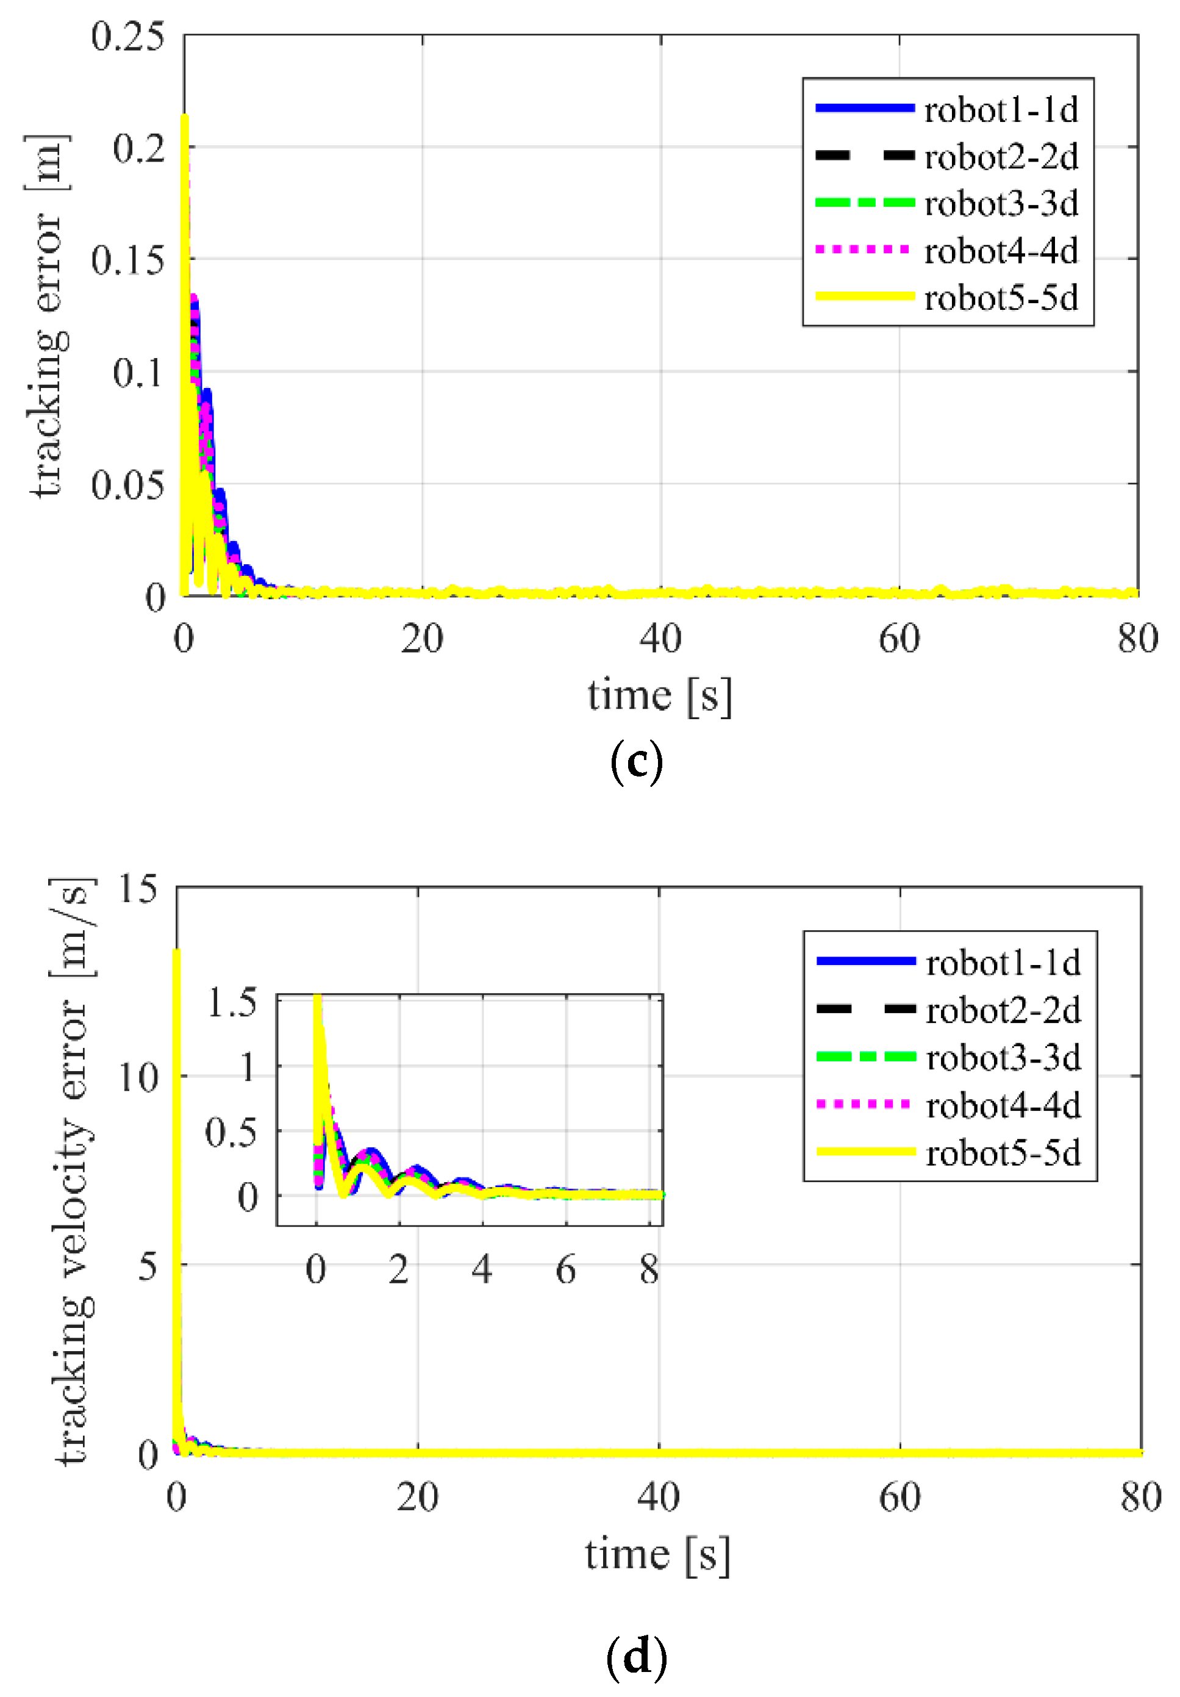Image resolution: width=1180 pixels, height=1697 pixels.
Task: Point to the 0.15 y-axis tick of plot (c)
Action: click(x=127, y=261)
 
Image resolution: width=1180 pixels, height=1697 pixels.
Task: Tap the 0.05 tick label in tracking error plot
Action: click(x=127, y=486)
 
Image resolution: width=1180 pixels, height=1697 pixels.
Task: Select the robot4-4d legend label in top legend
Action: click(x=1001, y=252)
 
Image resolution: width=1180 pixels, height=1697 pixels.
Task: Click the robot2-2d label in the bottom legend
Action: click(x=1002, y=1010)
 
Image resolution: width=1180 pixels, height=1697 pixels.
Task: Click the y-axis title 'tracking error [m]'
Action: click(x=48, y=317)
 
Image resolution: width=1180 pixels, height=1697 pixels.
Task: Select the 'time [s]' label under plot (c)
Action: click(x=660, y=696)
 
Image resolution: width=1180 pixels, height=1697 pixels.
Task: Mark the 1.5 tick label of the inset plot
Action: click(x=232, y=1003)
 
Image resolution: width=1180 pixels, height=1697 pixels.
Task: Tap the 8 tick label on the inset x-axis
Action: click(x=649, y=1271)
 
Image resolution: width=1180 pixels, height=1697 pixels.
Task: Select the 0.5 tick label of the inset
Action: click(x=231, y=1133)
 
